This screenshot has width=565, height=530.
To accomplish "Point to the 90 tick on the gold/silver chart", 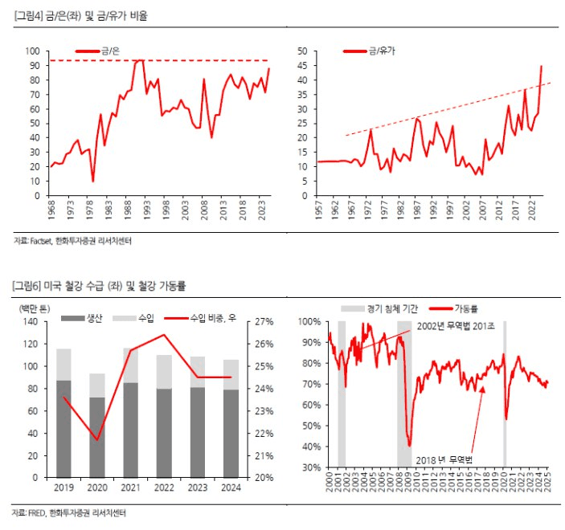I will tap(35, 65).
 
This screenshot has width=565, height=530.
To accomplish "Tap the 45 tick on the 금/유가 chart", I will tap(303, 65).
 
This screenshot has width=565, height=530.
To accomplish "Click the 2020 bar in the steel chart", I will tap(97, 426).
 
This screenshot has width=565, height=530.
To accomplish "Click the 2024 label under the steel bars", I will tap(231, 487).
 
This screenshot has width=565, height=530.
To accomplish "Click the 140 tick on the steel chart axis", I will tap(31, 322).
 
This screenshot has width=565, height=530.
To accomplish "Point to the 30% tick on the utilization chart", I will tap(310, 467).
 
